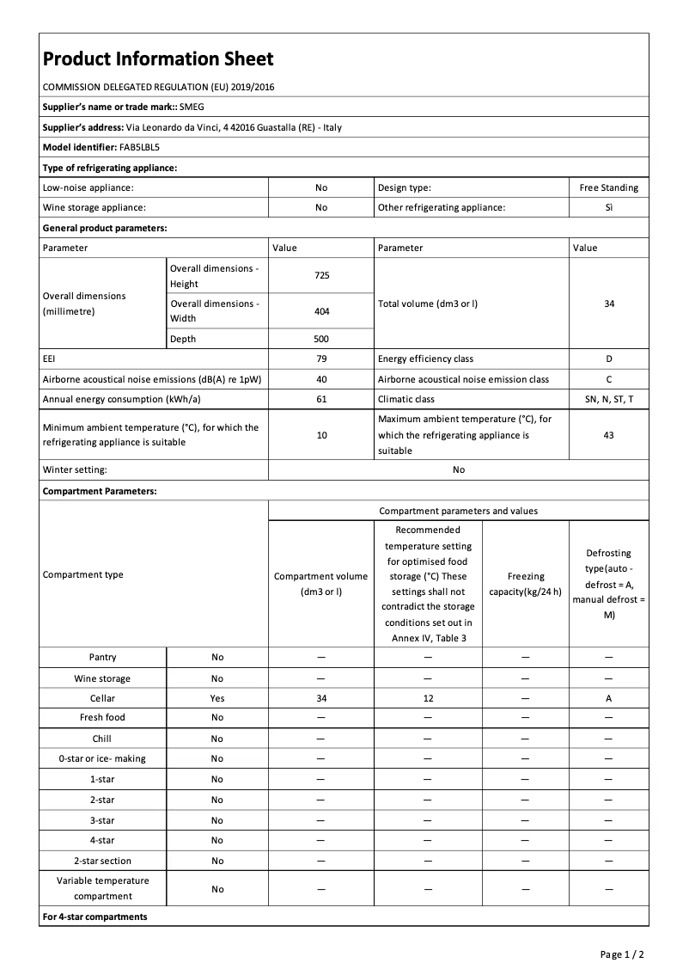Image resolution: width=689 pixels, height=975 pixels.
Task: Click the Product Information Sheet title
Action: [158, 58]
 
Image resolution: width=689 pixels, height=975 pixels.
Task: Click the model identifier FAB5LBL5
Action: [134, 147]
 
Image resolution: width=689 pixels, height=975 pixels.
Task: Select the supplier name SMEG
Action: [192, 107]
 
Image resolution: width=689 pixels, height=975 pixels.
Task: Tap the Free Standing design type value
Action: [608, 187]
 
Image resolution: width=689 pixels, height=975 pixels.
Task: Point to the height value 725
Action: [321, 276]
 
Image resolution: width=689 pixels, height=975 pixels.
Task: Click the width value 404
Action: [321, 311]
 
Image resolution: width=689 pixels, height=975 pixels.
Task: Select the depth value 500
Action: [321, 339]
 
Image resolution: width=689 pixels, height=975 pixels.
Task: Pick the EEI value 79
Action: [321, 359]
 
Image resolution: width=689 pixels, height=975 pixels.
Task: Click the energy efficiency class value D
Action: [608, 359]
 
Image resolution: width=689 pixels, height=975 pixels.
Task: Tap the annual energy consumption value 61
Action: [321, 399]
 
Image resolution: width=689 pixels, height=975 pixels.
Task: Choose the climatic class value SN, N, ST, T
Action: [608, 399]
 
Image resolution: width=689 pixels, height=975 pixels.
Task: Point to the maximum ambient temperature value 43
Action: [608, 435]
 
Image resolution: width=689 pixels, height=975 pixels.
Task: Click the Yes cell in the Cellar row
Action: [217, 699]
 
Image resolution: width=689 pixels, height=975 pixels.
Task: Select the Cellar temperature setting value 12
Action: [427, 699]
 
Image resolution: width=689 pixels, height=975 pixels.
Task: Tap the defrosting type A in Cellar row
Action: [608, 699]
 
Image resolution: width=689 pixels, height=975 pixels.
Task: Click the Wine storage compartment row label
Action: [102, 678]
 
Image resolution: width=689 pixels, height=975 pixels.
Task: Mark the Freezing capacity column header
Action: [525, 583]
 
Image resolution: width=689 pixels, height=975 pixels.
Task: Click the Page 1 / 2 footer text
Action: [621, 954]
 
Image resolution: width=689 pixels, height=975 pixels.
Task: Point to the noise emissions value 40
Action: [321, 379]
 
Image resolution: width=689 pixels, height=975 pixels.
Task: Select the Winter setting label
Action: [75, 469]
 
